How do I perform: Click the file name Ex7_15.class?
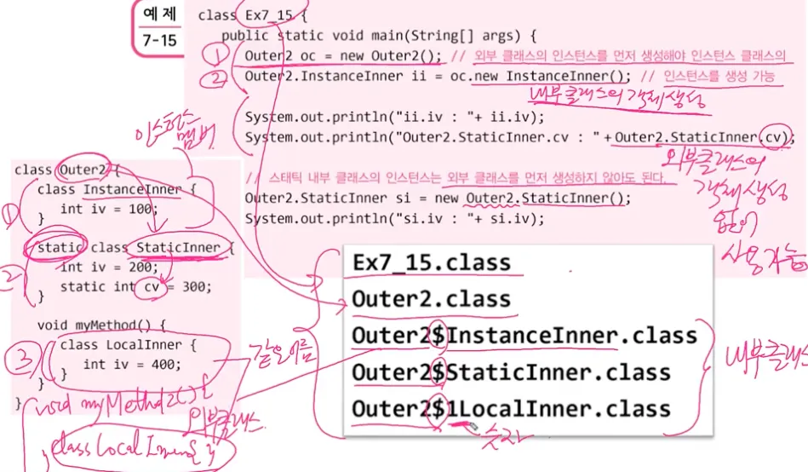(432, 262)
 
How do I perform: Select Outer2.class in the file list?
(431, 299)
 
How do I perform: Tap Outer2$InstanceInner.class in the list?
(524, 336)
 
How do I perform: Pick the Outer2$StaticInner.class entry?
(511, 372)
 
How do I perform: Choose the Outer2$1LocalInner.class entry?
(511, 408)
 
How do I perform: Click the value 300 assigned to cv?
(195, 287)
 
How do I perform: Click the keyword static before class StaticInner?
(55, 248)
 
